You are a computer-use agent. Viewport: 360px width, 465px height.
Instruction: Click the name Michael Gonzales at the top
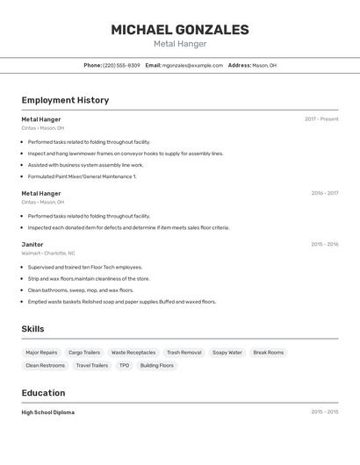(180, 30)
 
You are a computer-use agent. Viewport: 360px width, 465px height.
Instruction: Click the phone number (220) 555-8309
(121, 65)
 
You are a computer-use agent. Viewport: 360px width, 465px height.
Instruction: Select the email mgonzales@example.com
(192, 65)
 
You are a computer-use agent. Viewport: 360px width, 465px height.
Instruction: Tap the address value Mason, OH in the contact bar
(264, 65)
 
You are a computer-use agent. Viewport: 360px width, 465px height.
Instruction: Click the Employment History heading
(65, 100)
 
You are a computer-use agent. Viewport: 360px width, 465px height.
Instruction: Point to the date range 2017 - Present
(321, 119)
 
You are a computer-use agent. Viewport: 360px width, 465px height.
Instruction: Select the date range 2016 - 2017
(325, 193)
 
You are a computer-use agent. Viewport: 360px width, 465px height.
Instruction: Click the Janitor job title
(32, 245)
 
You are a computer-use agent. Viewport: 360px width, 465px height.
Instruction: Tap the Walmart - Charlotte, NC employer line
(48, 253)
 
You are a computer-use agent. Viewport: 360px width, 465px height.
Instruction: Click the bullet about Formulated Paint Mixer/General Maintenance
(82, 176)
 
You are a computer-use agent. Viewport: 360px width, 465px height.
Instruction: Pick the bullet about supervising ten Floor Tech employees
(84, 267)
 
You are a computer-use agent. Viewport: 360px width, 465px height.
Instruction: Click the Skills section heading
(33, 329)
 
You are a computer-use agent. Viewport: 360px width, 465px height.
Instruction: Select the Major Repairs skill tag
(41, 353)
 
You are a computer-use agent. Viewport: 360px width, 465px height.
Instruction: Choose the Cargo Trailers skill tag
(84, 353)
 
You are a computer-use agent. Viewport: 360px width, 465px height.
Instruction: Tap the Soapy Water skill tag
(227, 353)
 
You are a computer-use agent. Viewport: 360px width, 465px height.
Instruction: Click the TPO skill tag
(124, 365)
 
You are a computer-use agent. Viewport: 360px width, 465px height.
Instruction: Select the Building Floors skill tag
(157, 365)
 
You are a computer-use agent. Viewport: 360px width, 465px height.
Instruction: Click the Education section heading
(43, 393)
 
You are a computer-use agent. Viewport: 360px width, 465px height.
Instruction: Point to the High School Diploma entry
(48, 412)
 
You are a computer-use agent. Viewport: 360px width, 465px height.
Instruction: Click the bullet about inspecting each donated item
(128, 227)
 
